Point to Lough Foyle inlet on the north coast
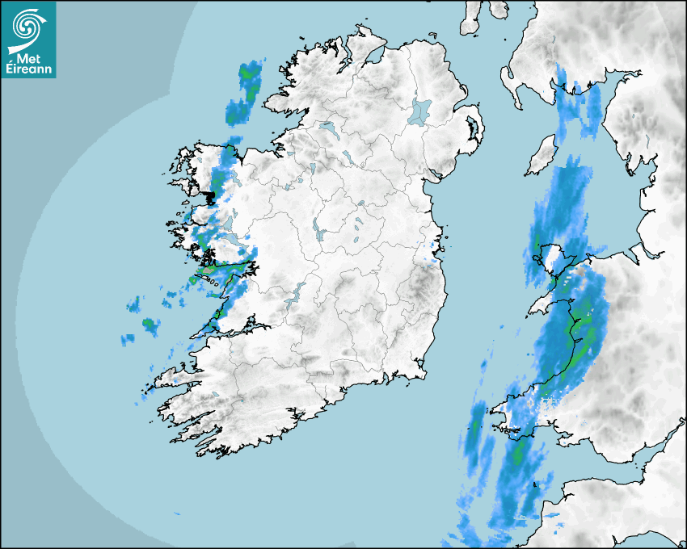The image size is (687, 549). click(x=373, y=57)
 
